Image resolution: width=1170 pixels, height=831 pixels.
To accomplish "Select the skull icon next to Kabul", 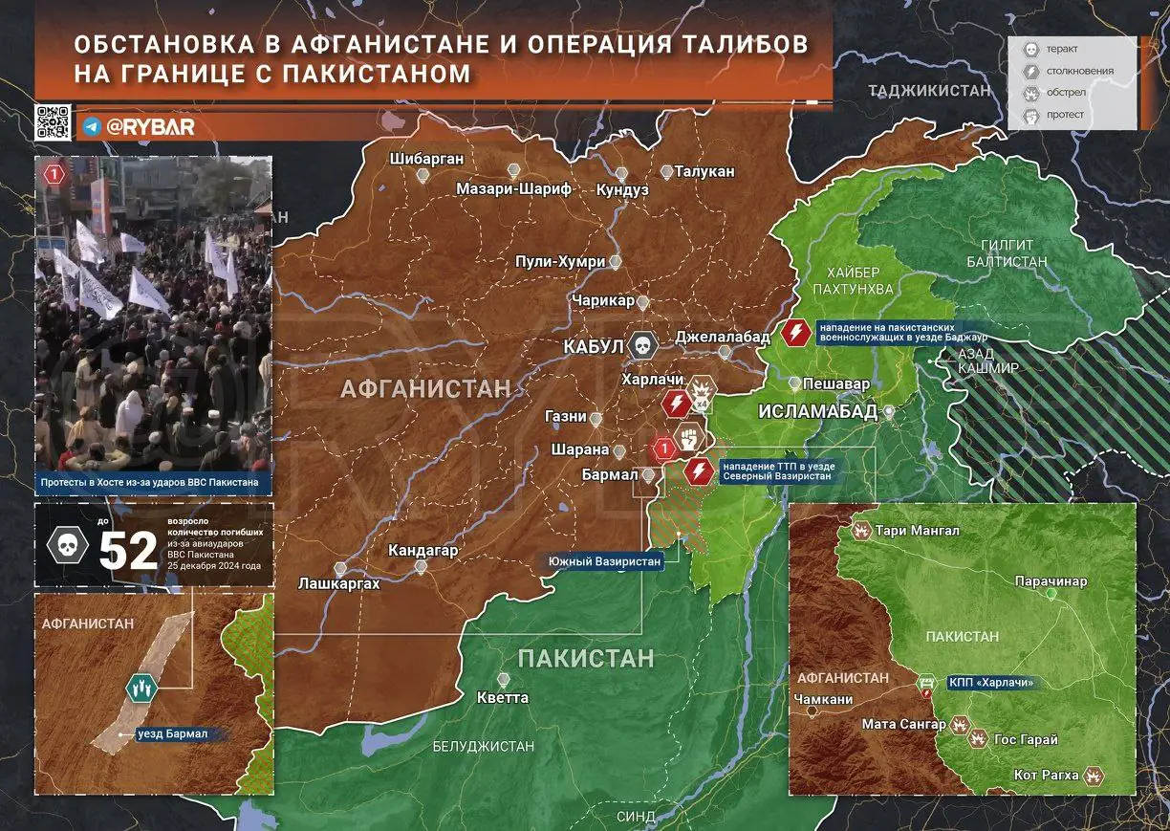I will [643, 345].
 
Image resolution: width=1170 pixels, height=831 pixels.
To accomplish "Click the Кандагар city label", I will [422, 551].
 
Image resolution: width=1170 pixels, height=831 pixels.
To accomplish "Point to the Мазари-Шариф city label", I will [513, 188].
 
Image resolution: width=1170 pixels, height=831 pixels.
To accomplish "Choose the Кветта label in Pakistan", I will [503, 697].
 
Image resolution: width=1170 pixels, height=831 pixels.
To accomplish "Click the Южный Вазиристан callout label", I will [604, 561].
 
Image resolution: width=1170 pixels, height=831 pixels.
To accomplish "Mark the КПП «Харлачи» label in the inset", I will [991, 683].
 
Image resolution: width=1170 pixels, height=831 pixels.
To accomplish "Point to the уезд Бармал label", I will [173, 734].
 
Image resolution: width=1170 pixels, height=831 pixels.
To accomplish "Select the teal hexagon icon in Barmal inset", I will [141, 687].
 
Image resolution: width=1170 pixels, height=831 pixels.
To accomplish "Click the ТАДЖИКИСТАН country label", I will [928, 90].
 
